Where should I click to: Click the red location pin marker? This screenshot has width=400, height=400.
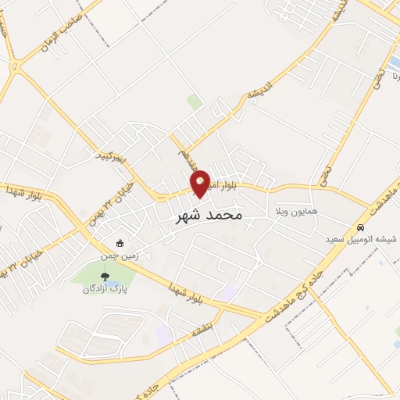201,183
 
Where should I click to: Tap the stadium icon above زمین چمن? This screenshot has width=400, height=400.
120,241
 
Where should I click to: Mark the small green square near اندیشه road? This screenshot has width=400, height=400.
195,102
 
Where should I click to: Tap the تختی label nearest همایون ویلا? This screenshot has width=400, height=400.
323,177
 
